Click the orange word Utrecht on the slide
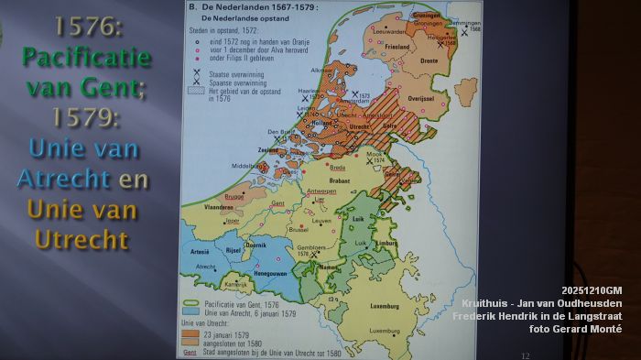(x=81, y=239)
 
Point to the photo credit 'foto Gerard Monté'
(x=575, y=328)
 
